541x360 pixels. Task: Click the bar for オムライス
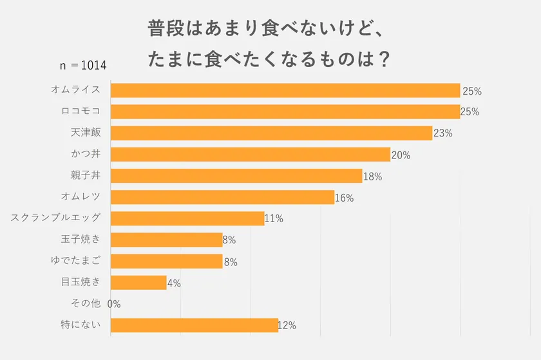point(285,90)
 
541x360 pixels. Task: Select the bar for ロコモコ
point(285,111)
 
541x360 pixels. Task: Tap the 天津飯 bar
point(271,133)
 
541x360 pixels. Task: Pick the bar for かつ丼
point(251,155)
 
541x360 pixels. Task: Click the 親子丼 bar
point(236,176)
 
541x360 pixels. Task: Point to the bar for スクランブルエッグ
point(187,218)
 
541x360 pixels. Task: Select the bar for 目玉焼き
point(138,282)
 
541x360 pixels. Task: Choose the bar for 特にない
point(194,325)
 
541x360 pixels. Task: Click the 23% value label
point(443,133)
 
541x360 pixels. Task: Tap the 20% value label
point(401,155)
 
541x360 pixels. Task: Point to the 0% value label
point(114,304)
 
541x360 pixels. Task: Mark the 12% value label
point(287,325)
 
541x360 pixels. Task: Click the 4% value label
point(174,283)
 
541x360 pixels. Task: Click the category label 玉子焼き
point(81,239)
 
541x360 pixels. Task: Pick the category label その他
point(86,303)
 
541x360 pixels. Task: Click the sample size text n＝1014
point(83,66)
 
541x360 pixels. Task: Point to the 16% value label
point(345,198)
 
